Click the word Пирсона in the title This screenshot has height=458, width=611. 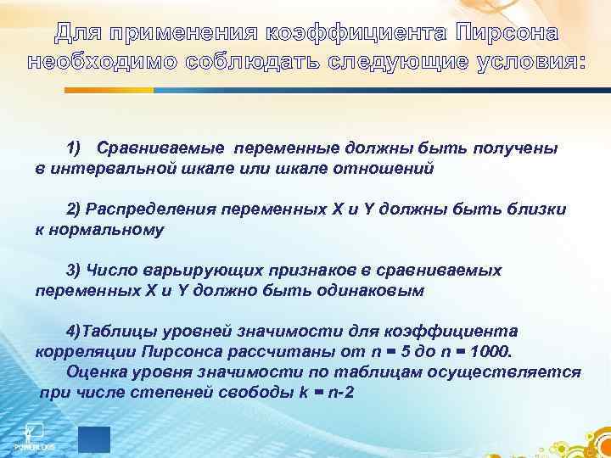point(507,34)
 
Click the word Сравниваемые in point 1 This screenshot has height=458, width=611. point(161,148)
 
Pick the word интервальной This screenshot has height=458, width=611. point(109,168)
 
